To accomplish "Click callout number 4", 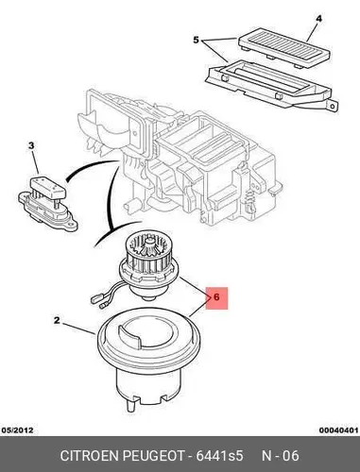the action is coord(318,19).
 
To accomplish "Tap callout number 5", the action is coord(196,41).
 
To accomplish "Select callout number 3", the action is coord(31,145).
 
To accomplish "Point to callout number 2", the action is coord(57,320).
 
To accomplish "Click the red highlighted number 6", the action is coord(216,297).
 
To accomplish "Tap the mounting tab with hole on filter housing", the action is coord(333,105).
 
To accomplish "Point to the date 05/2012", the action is coord(17,430).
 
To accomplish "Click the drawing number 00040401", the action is coord(338,430).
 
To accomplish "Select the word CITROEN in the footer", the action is coord(90,456).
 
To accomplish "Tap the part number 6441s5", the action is coord(219,456).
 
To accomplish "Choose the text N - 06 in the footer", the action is coord(281,456).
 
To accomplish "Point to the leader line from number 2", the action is coord(79,329).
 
